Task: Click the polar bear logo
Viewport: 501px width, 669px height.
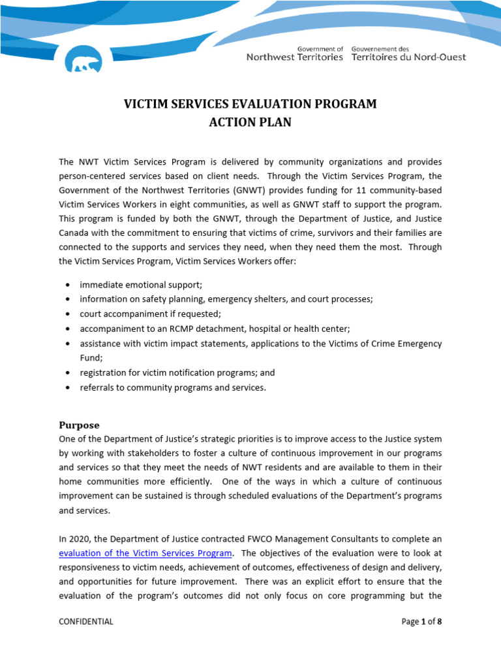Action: click(x=84, y=60)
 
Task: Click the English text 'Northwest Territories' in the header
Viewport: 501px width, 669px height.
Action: click(x=294, y=57)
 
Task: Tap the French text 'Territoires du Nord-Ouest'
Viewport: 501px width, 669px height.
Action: click(x=408, y=57)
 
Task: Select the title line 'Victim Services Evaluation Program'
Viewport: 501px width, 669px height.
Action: click(x=250, y=104)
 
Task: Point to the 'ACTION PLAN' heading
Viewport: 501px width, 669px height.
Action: click(x=250, y=122)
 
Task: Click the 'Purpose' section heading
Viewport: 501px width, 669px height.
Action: click(x=79, y=425)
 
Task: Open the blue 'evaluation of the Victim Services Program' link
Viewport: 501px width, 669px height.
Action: click(x=145, y=553)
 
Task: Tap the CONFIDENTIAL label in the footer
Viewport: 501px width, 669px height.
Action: click(x=85, y=621)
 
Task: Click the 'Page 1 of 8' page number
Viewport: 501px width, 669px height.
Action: click(x=421, y=621)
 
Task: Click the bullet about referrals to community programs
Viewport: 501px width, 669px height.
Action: click(x=172, y=387)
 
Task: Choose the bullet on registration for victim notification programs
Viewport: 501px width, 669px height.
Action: click(x=177, y=372)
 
